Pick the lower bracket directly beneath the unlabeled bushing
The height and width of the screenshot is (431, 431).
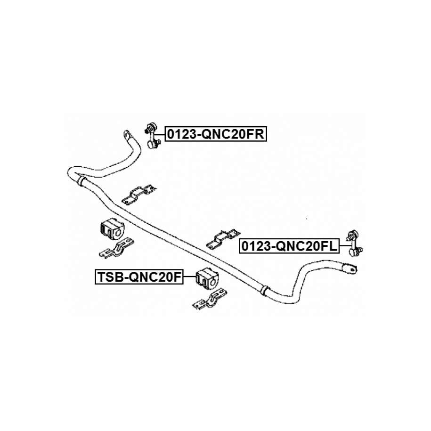pos(116,248)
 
